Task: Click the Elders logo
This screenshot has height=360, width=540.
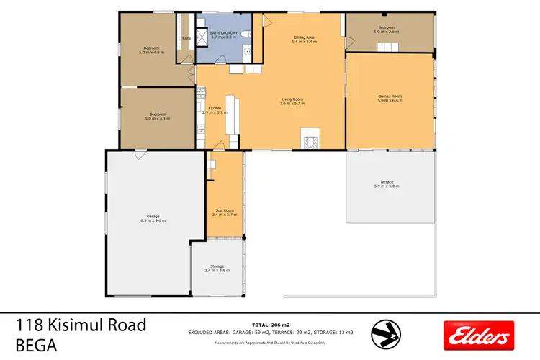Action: [x=479, y=335]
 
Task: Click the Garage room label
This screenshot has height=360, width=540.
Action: [x=153, y=216]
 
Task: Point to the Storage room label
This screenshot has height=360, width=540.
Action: [x=217, y=266]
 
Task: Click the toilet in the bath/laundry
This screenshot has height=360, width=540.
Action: [x=245, y=35]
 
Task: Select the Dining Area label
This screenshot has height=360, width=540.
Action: [x=304, y=37]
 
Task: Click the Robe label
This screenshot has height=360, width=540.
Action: [x=186, y=38]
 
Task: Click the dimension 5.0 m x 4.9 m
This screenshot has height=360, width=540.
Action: [x=153, y=53]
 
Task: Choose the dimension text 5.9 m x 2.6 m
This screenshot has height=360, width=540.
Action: [x=390, y=32]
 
